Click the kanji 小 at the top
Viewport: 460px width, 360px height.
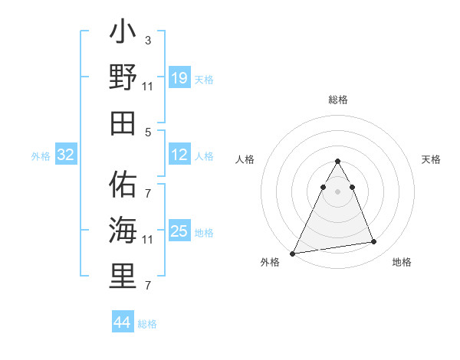tap(123, 34)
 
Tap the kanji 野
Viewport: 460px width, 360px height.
tap(123, 78)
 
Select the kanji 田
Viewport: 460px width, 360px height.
tap(123, 123)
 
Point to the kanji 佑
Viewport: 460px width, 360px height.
tap(123, 184)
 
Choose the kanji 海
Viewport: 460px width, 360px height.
tap(123, 230)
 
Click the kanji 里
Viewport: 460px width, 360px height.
tap(123, 276)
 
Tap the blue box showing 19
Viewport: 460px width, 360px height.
tap(179, 78)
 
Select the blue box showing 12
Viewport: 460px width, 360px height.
tap(179, 155)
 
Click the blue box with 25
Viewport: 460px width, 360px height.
tap(179, 232)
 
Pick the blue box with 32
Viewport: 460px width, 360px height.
tap(66, 155)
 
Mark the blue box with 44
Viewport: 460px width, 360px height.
tap(123, 323)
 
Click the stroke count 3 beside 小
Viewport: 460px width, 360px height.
tap(148, 40)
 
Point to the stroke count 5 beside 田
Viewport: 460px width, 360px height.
tap(148, 132)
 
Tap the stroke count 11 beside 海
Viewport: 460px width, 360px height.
tap(148, 240)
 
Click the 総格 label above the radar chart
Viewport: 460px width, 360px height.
tap(337, 100)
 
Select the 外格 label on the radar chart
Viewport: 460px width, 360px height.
tap(270, 263)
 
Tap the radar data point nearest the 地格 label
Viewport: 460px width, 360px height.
tap(373, 242)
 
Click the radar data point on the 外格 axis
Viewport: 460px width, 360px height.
tap(293, 253)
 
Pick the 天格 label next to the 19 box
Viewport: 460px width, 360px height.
tap(204, 80)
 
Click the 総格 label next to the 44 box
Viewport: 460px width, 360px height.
tap(147, 325)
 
